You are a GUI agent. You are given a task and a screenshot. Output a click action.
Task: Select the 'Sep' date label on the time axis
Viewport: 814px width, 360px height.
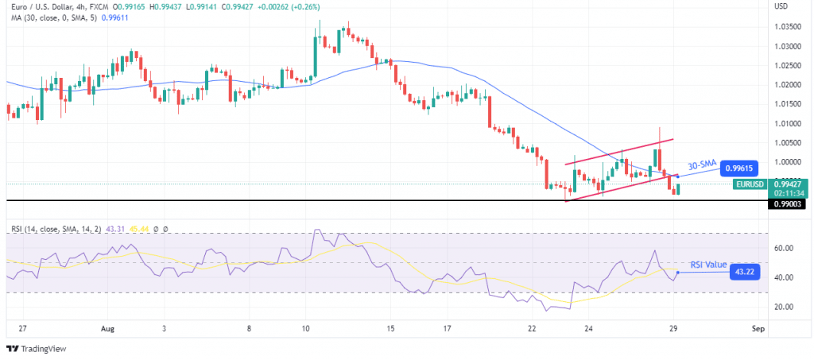point(758,327)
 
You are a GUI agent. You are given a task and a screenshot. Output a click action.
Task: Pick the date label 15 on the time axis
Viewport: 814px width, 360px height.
point(390,327)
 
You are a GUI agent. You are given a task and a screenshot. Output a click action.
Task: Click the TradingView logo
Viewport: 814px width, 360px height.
point(38,349)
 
